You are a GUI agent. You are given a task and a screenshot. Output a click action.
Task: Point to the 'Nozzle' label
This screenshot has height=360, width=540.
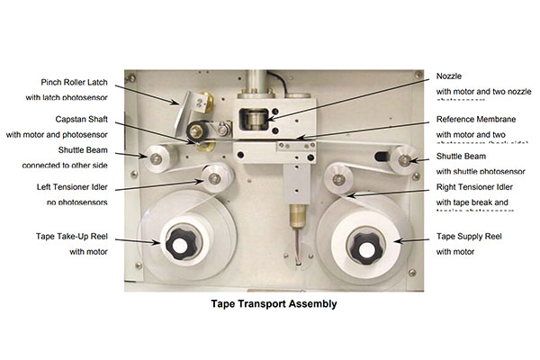450,76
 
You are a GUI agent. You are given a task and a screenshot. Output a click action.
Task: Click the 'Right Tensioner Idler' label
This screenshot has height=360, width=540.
478,187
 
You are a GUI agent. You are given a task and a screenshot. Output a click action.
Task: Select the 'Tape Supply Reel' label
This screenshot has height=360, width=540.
471,237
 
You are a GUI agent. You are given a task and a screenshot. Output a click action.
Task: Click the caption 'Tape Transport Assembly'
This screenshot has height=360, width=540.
269,304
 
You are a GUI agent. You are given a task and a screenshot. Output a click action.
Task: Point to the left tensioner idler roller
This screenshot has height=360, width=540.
213,178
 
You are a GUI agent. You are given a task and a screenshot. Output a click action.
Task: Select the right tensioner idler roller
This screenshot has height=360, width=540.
340,178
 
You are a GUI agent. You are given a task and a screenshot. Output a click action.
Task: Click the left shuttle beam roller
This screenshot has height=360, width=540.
157,158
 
